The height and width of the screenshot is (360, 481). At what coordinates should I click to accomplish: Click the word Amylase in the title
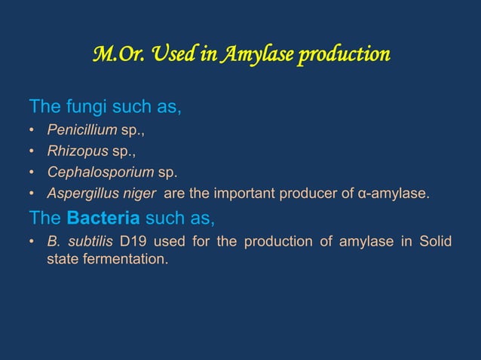click(x=254, y=55)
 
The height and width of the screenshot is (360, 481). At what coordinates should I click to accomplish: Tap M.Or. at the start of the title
click(x=112, y=55)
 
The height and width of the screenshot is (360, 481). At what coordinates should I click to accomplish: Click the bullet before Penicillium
click(x=32, y=130)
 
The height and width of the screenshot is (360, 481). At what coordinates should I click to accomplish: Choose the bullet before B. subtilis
click(x=32, y=242)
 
